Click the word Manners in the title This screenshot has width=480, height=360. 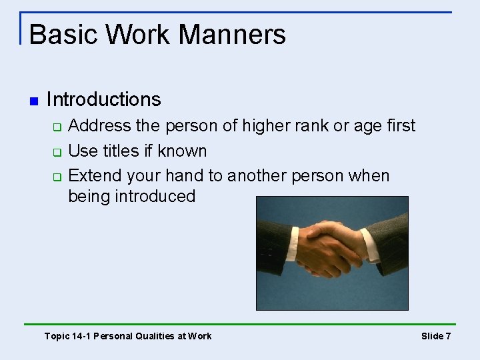point(233,35)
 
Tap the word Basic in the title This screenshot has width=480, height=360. point(64,35)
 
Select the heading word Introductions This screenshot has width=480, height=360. point(103,100)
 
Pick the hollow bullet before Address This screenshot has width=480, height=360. point(57,127)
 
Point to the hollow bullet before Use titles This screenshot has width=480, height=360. point(57,152)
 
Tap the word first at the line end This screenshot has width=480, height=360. point(399,126)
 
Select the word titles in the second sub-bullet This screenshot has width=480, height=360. point(121,151)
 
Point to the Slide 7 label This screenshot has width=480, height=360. point(436,336)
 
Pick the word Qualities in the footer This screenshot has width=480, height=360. point(153,336)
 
